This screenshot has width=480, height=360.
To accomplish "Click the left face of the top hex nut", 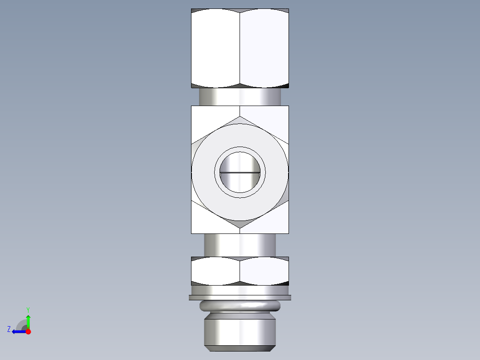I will (216, 48).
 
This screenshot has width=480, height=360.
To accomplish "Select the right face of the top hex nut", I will (264, 48).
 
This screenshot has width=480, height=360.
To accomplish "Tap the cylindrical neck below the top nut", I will (240, 96).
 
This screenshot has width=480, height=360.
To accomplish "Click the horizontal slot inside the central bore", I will (240, 172).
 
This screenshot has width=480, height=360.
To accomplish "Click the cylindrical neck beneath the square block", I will (240, 245).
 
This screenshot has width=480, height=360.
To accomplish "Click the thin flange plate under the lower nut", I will (240, 297).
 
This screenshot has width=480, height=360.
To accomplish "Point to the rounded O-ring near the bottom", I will (240, 306).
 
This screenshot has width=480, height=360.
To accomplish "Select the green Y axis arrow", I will (28, 321).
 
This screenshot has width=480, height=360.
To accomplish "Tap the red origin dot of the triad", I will (28, 331).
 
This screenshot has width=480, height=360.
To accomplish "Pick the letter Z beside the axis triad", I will (9, 329).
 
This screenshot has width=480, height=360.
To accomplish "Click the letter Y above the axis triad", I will (28, 309).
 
